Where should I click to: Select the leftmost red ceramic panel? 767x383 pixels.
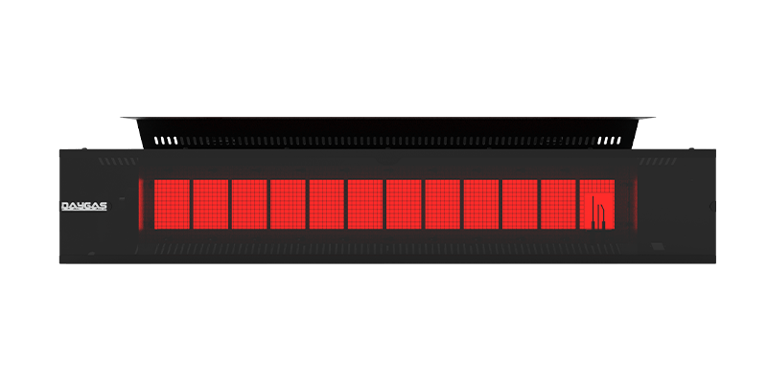tap(171, 205)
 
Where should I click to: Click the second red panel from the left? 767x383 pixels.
tap(210, 205)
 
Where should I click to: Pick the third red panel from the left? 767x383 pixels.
tap(248, 205)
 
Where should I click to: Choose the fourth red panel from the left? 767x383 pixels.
tap(288, 205)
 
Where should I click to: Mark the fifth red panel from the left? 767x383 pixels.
tap(326, 205)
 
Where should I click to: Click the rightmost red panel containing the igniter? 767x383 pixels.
tap(596, 205)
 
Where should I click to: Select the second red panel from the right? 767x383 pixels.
tap(558, 205)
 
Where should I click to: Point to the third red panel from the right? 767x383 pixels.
tap(519, 205)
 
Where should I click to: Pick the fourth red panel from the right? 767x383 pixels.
tap(480, 205)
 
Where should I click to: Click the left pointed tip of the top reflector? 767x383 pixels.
tap(123, 118)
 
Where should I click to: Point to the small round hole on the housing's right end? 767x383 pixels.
tap(710, 206)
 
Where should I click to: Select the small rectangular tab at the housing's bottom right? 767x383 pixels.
tap(658, 247)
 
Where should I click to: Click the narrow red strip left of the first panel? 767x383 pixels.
tap(146, 205)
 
